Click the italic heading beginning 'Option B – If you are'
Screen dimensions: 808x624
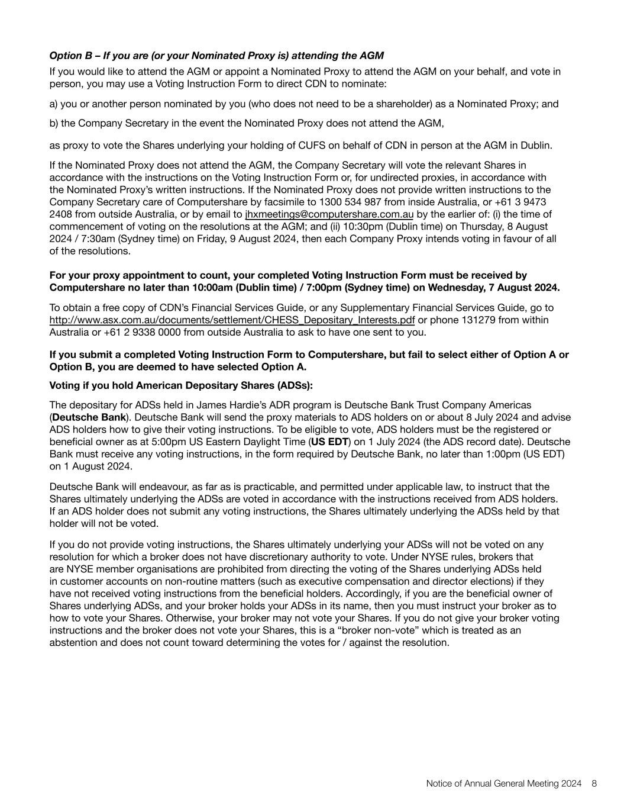point(216,56)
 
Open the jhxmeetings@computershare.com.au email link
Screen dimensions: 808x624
point(329,214)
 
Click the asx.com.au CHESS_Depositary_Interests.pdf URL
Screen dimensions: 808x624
point(232,320)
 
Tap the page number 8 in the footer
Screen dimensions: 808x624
point(594,784)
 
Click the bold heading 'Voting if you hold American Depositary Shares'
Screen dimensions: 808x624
point(181,385)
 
